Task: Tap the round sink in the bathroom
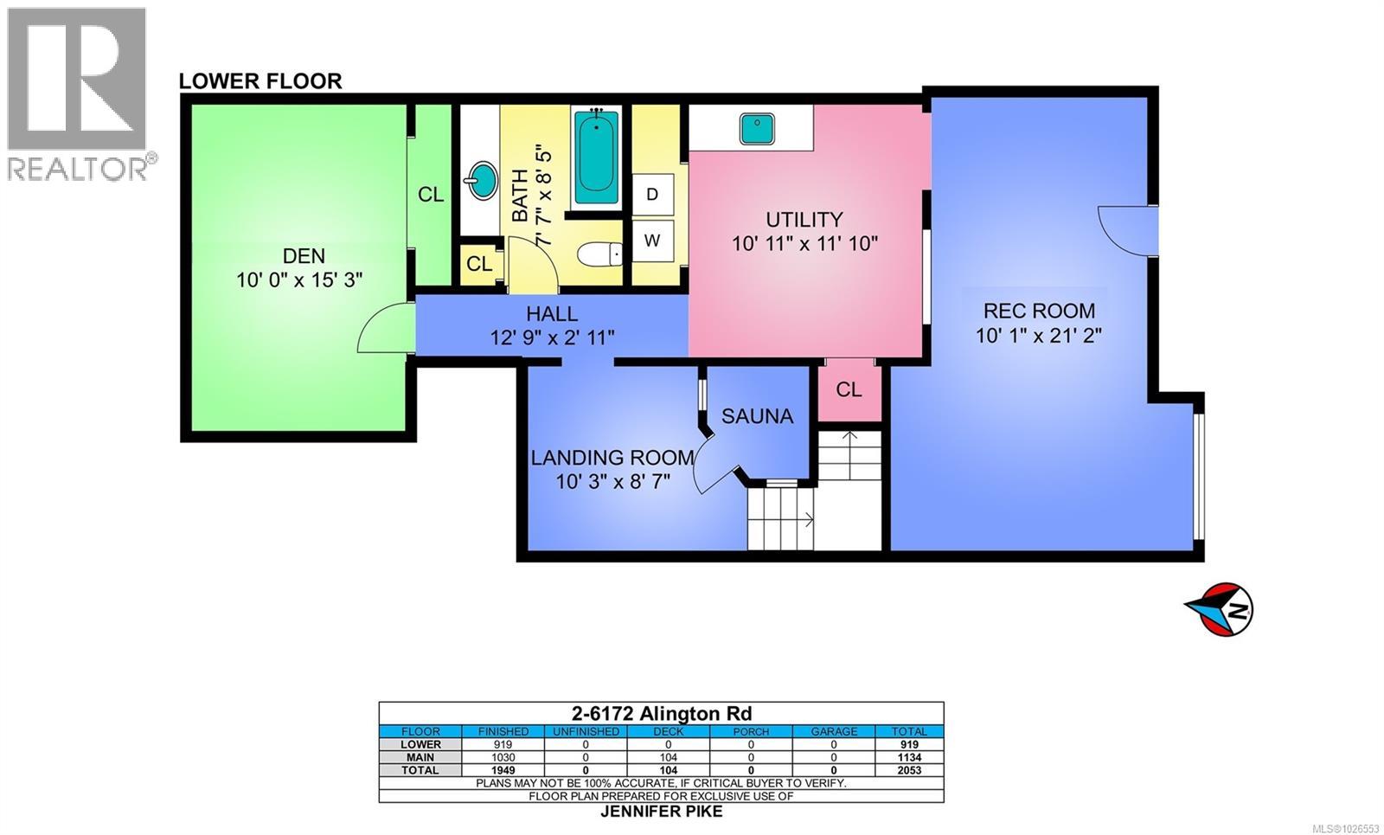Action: pyautogui.click(x=480, y=182)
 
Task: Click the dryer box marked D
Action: pyautogui.click(x=652, y=195)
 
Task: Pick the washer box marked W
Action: pyautogui.click(x=652, y=241)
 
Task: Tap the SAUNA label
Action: pyautogui.click(x=757, y=416)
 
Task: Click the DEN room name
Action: pyautogui.click(x=304, y=256)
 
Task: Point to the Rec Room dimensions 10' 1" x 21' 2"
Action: pyautogui.click(x=1039, y=336)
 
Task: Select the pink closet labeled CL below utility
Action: pyautogui.click(x=849, y=390)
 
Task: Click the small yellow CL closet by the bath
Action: pyautogui.click(x=479, y=264)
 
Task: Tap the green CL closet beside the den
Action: pyautogui.click(x=431, y=195)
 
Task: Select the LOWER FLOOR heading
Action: pyautogui.click(x=260, y=81)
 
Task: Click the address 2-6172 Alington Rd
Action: pyautogui.click(x=662, y=714)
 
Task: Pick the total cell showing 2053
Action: pyautogui.click(x=909, y=770)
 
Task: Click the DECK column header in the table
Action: pyautogui.click(x=668, y=731)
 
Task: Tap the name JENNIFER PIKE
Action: pyautogui.click(x=662, y=812)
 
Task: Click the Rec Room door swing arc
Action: pyautogui.click(x=1120, y=229)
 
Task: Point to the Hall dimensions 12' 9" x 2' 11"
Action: pyautogui.click(x=552, y=337)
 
